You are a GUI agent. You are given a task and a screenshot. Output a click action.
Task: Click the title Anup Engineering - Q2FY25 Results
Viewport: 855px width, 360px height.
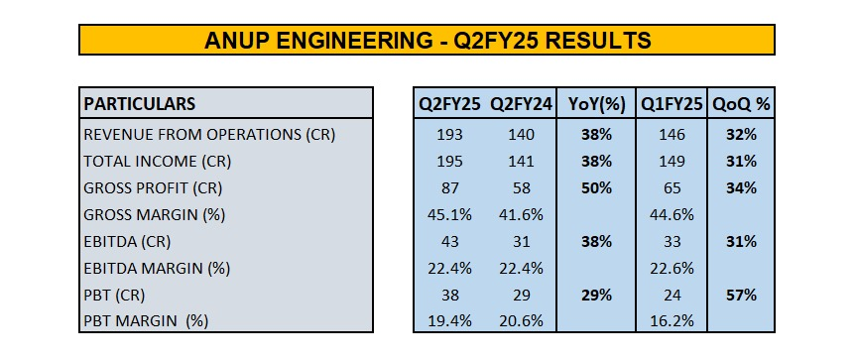427,40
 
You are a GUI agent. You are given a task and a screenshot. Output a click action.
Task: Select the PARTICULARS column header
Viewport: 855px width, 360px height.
140,103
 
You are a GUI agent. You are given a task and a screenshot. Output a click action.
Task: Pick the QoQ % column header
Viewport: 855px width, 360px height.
741,103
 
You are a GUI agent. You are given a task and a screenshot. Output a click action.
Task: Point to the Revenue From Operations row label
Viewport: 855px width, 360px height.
209,135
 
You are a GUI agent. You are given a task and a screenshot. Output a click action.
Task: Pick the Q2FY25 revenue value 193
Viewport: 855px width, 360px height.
452,135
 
